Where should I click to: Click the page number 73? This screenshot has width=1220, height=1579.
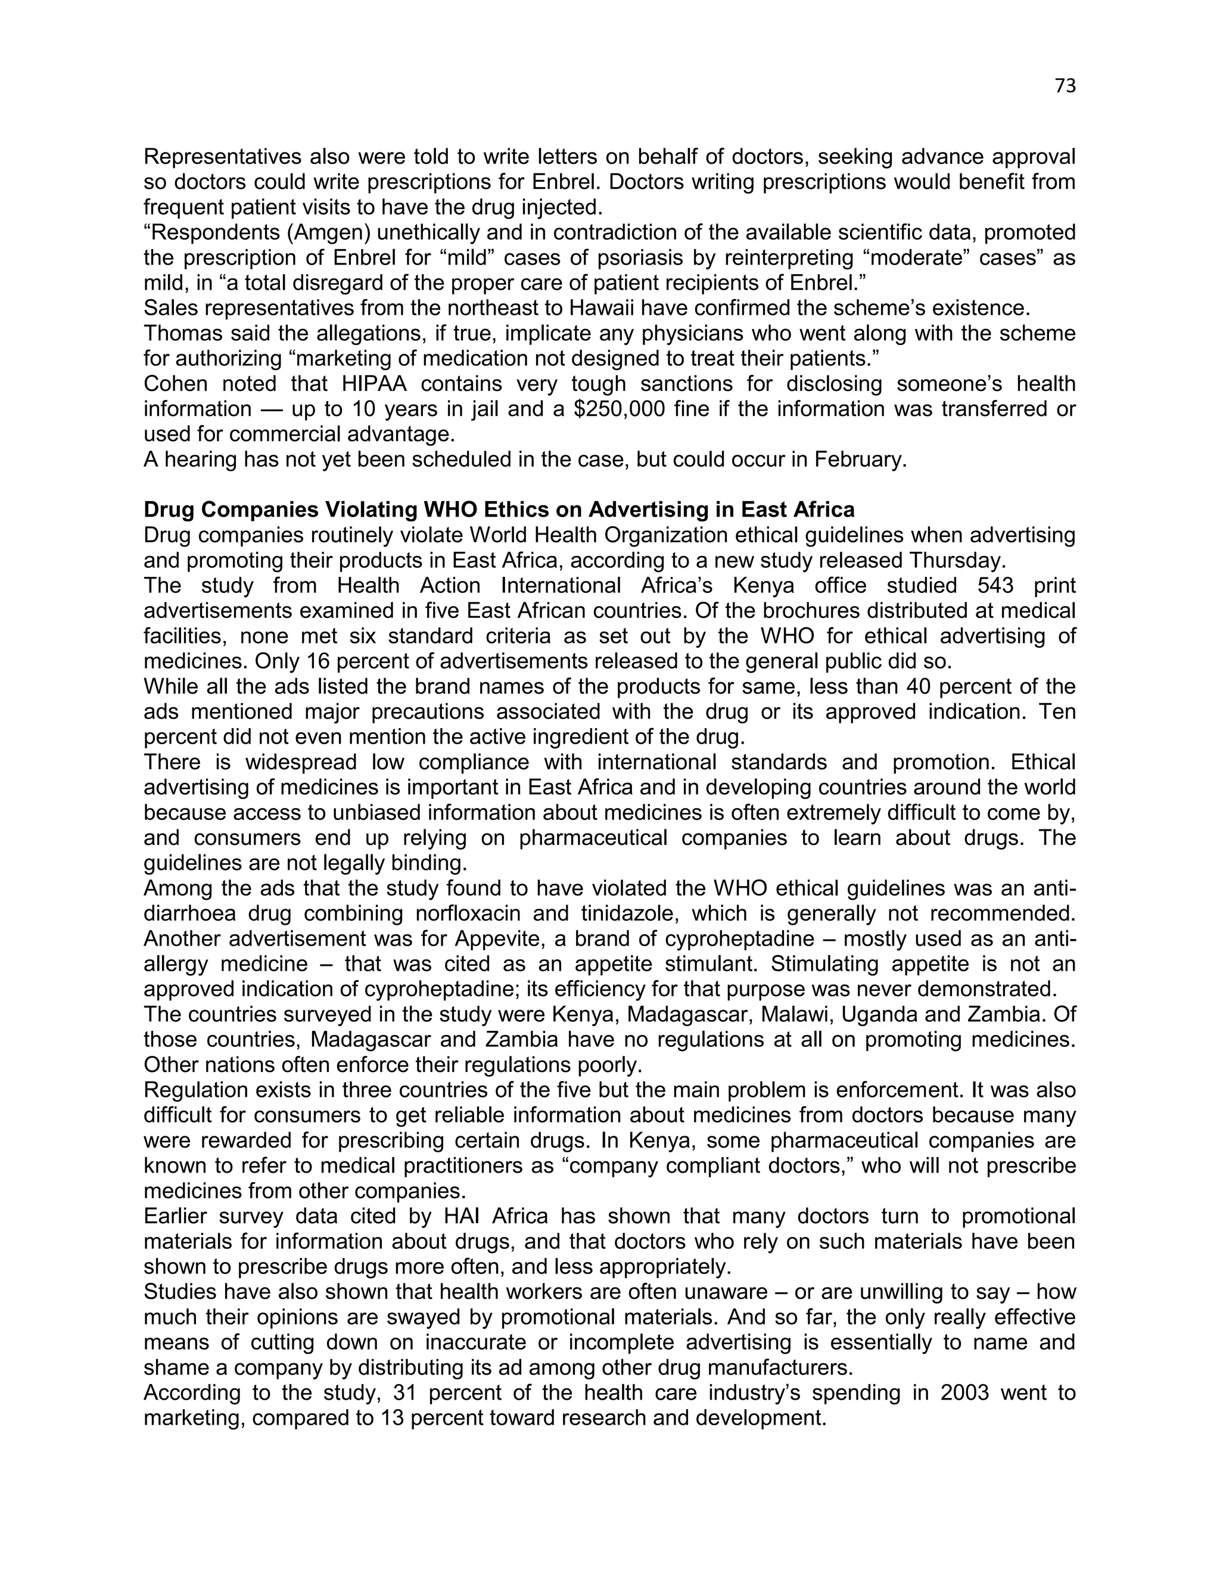pos(1065,86)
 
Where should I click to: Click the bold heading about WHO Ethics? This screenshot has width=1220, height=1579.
pos(499,509)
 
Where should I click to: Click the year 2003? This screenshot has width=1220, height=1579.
pos(964,1393)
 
